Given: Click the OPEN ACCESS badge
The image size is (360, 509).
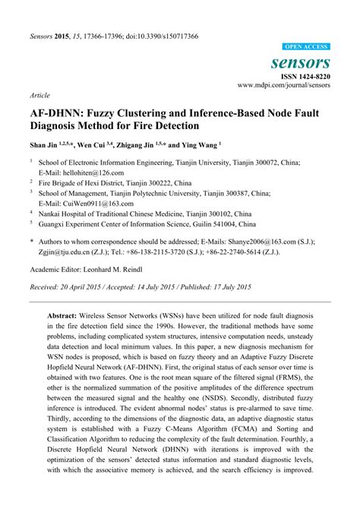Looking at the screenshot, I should pyautogui.click(x=306, y=46).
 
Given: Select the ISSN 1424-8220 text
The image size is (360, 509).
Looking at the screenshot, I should pyautogui.click(x=305, y=77).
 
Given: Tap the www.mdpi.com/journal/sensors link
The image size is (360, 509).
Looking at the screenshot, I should pyautogui.click(x=286, y=86).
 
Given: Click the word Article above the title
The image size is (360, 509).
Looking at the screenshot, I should pyautogui.click(x=39, y=97).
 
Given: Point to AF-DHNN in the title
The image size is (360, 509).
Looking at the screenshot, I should pyautogui.click(x=62, y=111).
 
